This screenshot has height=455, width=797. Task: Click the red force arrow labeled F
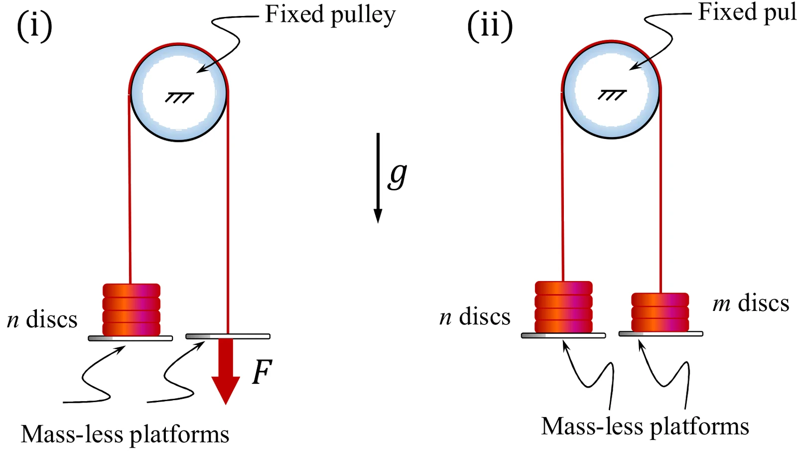tap(226, 371)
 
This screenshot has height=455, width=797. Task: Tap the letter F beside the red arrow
tap(262, 372)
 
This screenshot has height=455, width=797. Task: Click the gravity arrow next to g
tap(378, 178)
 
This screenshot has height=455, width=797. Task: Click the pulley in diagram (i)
tap(179, 93)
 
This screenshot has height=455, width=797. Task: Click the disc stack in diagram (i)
tap(132, 310)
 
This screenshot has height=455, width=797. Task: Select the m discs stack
tap(660, 312)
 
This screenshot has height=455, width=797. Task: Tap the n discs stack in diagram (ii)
tap(564, 307)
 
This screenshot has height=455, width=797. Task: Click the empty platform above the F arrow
tap(228, 336)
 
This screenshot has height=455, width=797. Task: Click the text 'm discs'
tap(751, 303)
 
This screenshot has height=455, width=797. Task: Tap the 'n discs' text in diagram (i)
tap(42, 319)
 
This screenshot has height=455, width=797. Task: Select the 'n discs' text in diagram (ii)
tap(475, 317)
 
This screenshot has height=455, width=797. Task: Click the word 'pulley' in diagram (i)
tap(363, 15)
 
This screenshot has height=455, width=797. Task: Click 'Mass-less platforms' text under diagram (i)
tap(125, 434)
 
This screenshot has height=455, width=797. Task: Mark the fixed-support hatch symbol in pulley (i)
tap(179, 98)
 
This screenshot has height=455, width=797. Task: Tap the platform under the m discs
tap(661, 334)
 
